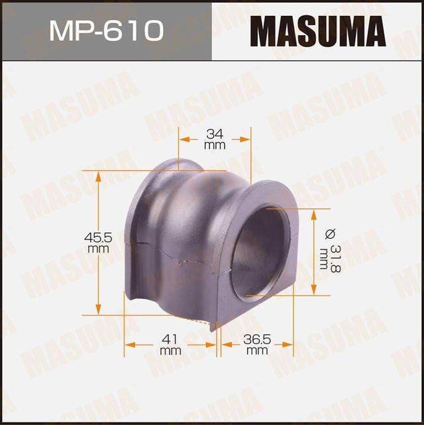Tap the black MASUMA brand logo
point(317,30)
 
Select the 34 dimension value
point(214,133)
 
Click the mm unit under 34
point(214,144)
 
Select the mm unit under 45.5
point(98,248)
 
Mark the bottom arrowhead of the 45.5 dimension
point(99,311)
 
